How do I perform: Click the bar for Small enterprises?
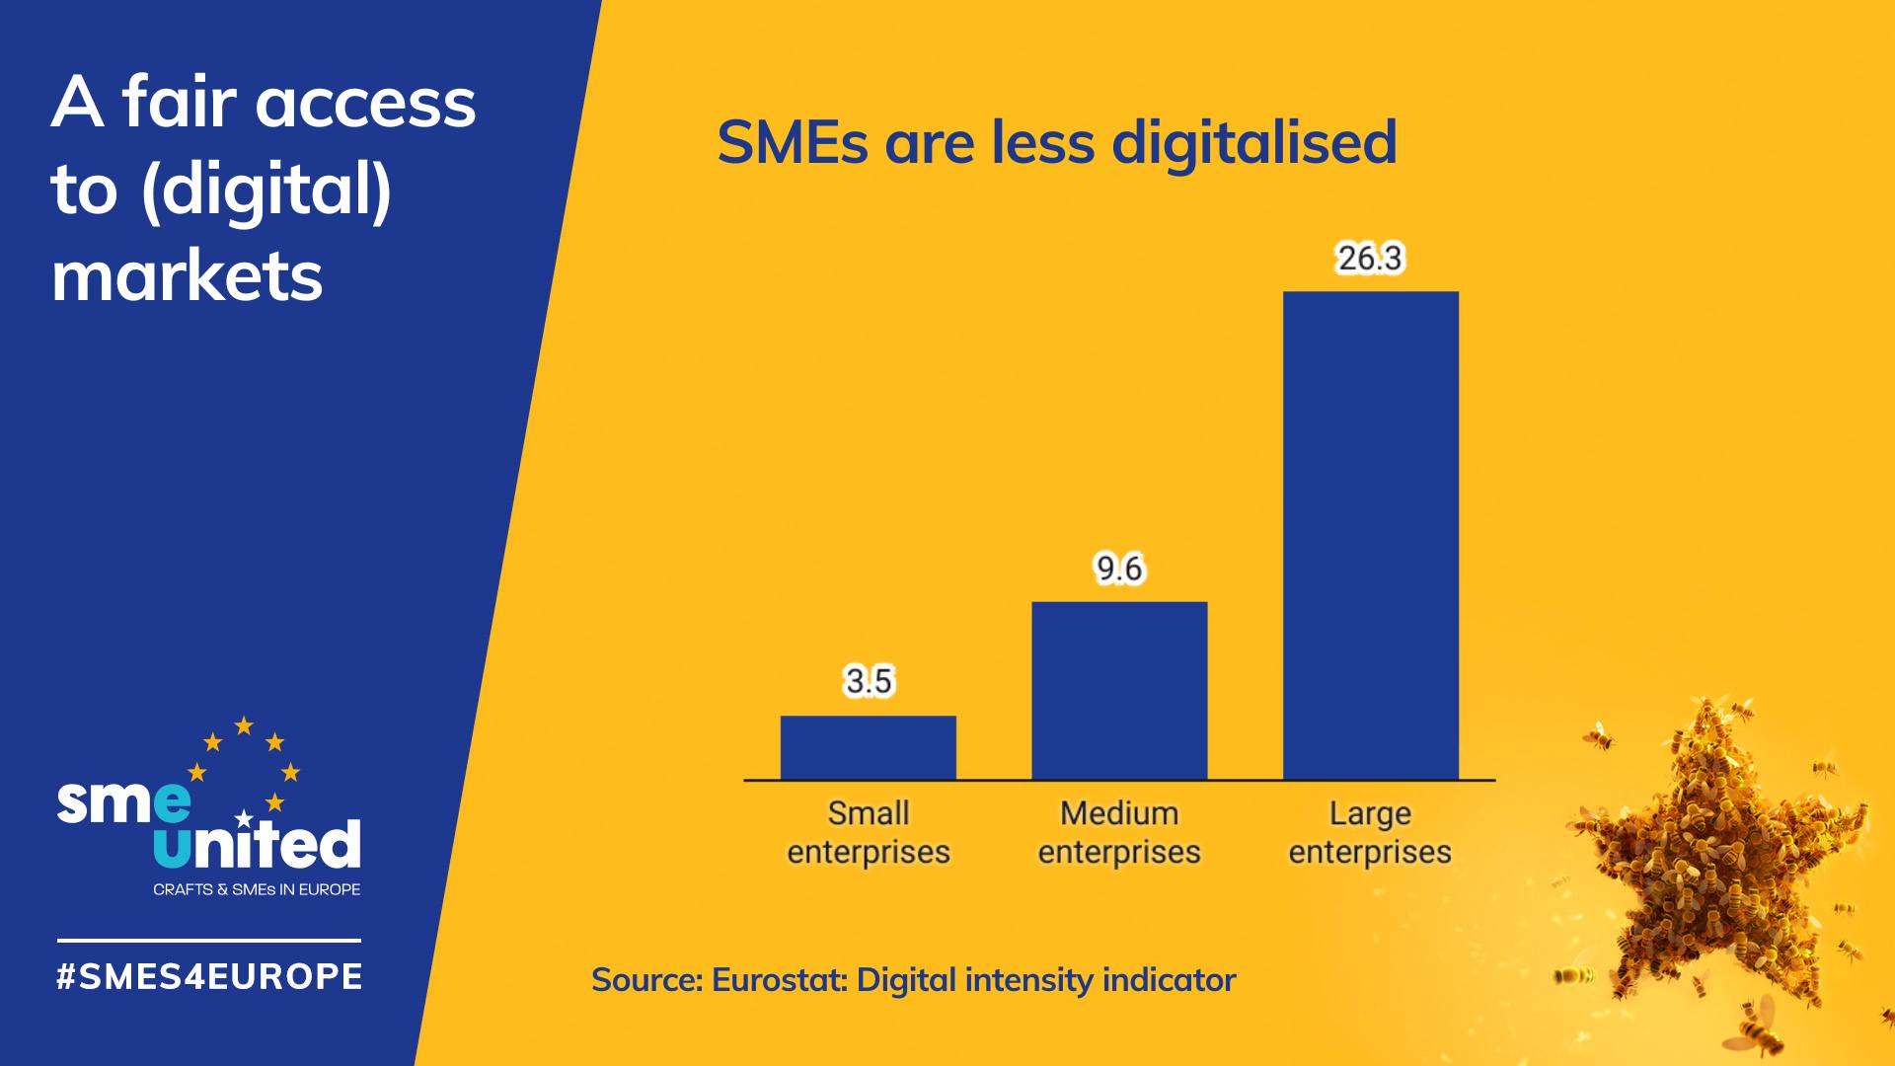pyautogui.click(x=868, y=747)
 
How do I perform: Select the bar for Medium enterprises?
pyautogui.click(x=1119, y=690)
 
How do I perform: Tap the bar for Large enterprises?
pyautogui.click(x=1370, y=535)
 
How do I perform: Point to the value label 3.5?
pyautogui.click(x=869, y=681)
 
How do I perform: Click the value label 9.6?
pyautogui.click(x=1119, y=569)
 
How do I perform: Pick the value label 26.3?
pyautogui.click(x=1370, y=259)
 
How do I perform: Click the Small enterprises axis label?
pyautogui.click(x=869, y=832)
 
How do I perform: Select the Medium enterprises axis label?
pyautogui.click(x=1119, y=832)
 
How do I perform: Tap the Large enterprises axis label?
pyautogui.click(x=1370, y=832)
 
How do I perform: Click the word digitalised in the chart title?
pyautogui.click(x=1253, y=142)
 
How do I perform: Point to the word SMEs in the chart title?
pyautogui.click(x=793, y=142)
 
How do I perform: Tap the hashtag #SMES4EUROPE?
pyautogui.click(x=210, y=976)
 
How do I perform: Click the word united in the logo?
pyautogui.click(x=258, y=844)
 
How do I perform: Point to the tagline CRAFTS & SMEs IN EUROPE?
pyautogui.click(x=257, y=889)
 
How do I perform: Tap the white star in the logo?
pyautogui.click(x=244, y=819)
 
